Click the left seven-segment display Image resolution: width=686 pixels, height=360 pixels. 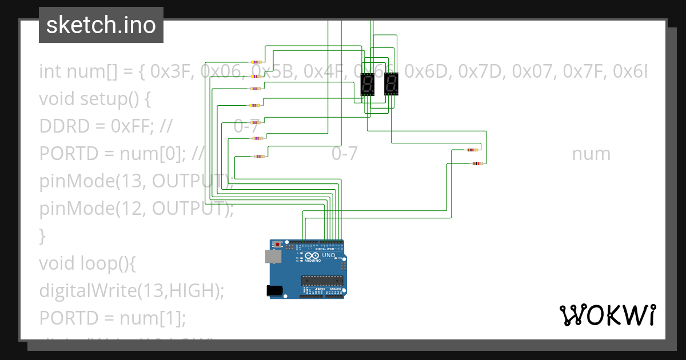[368, 84]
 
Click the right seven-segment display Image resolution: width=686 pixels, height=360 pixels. [391, 84]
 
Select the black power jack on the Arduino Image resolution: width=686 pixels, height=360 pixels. [275, 290]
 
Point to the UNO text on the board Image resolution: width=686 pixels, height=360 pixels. [329, 255]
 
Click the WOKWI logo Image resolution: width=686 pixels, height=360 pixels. [607, 315]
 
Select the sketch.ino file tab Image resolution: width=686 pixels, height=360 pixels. [101, 25]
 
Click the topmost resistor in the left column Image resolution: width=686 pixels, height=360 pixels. [256, 62]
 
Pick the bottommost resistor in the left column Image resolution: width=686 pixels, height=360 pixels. [258, 156]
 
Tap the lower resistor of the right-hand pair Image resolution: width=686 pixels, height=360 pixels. [477, 164]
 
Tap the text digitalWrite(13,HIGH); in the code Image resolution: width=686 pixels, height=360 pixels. [131, 290]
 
